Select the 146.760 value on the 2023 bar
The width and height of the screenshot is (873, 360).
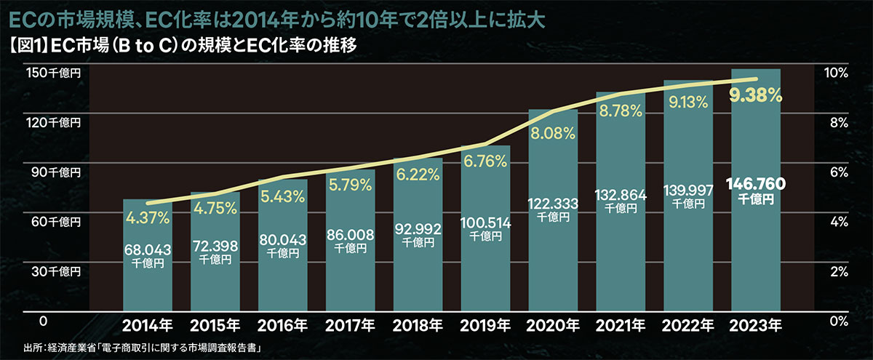click(755, 184)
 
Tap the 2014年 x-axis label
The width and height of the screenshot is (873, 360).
click(147, 324)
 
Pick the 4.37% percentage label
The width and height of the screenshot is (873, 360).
click(148, 217)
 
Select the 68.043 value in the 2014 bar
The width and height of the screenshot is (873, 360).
click(147, 250)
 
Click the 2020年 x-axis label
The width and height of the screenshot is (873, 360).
click(553, 324)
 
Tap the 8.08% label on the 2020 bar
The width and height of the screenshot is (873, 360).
click(553, 134)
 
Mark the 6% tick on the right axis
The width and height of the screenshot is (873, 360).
click(834, 172)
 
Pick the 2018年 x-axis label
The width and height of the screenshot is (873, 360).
click(418, 324)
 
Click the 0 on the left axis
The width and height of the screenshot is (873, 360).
click(43, 321)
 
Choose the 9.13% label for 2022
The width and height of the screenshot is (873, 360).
click(687, 103)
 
